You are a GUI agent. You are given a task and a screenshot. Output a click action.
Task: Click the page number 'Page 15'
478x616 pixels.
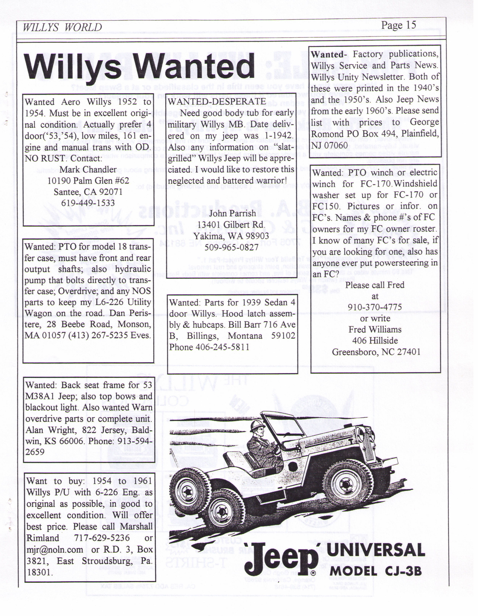click(398, 25)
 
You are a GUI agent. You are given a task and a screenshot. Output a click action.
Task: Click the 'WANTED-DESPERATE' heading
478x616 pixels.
click(217, 101)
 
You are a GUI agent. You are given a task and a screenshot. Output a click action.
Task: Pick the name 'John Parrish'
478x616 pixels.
click(232, 213)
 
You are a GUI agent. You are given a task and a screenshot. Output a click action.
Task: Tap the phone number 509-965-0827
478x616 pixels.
click(231, 247)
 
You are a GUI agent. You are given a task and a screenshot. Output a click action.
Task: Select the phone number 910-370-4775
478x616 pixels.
click(375, 307)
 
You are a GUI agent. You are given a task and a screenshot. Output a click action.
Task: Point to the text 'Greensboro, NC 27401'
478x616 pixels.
click(376, 352)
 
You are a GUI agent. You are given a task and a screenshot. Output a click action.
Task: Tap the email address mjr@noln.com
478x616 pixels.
click(55, 549)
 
